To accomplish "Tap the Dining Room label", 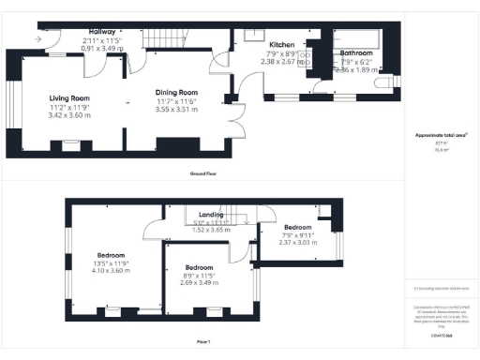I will click(x=176, y=92).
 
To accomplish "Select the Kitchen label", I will click(x=282, y=45).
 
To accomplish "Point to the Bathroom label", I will click(x=355, y=54).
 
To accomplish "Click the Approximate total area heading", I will click(x=441, y=136).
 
